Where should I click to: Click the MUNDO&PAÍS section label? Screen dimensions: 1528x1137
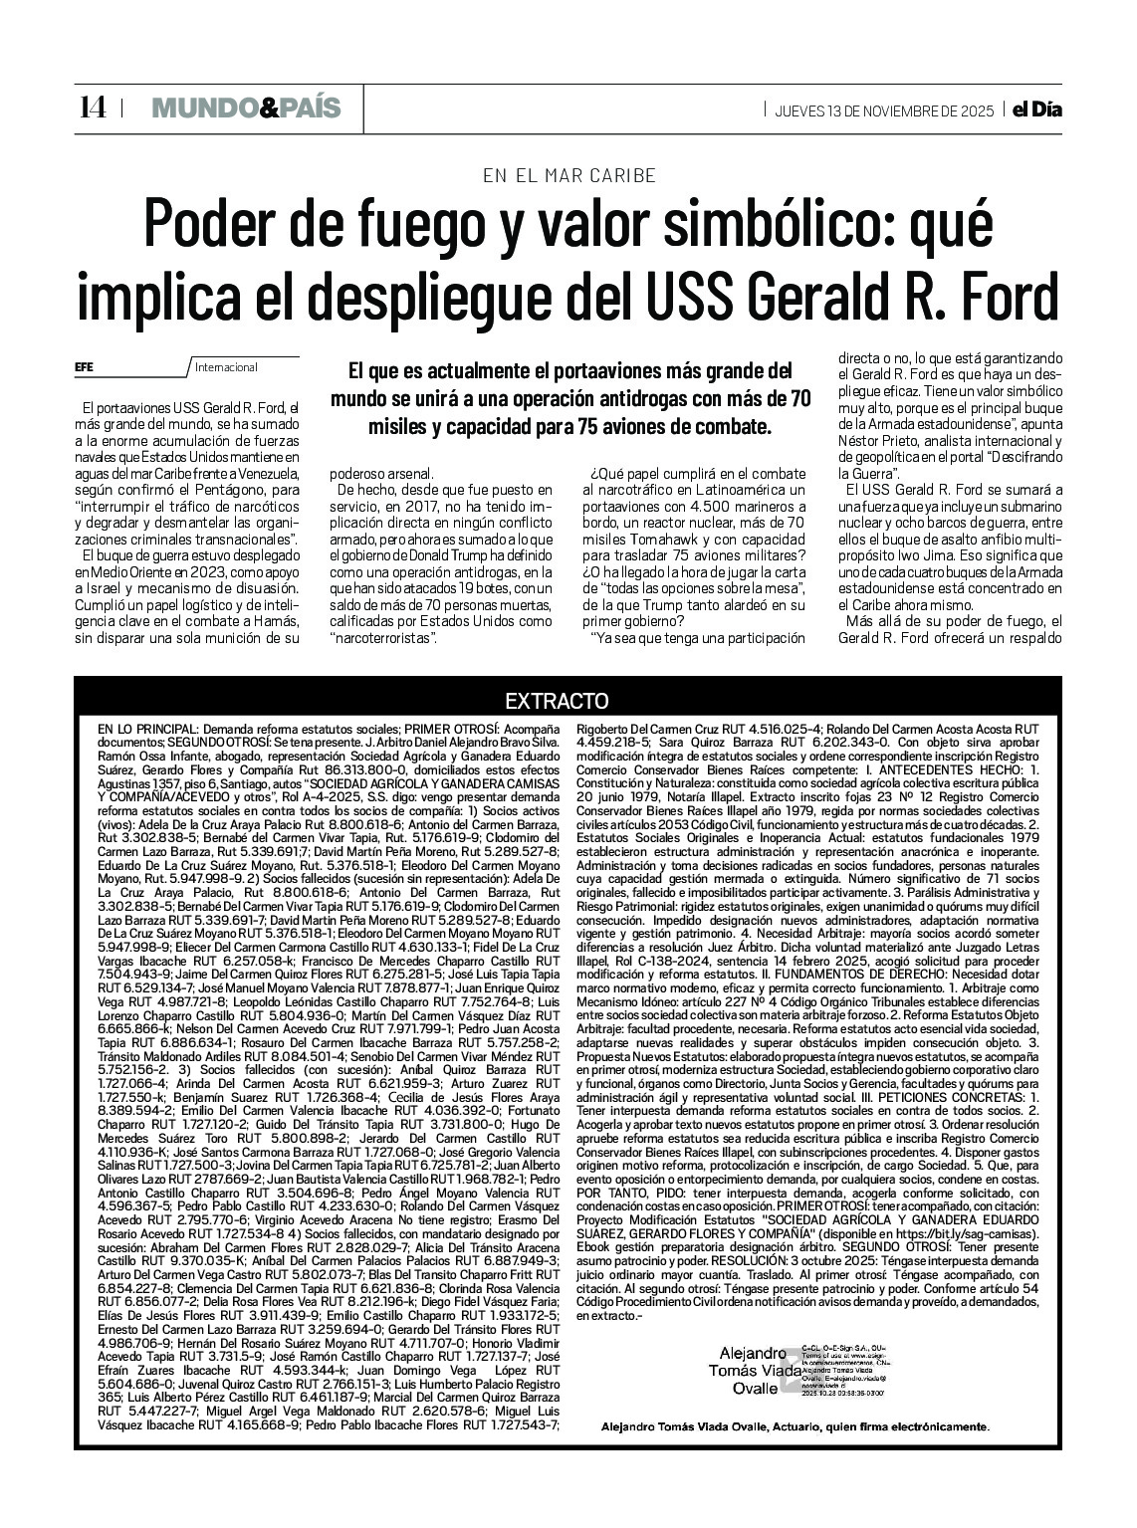point(245,108)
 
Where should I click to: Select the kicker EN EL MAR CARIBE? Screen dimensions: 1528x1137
point(568,175)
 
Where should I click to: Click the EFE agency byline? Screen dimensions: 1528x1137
point(85,366)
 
